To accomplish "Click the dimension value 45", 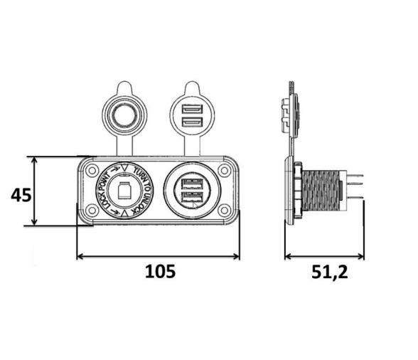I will [x=21, y=194].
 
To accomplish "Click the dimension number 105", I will [x=159, y=271].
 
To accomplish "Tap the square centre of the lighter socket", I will [x=125, y=190].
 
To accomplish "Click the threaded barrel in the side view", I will [x=323, y=191].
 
